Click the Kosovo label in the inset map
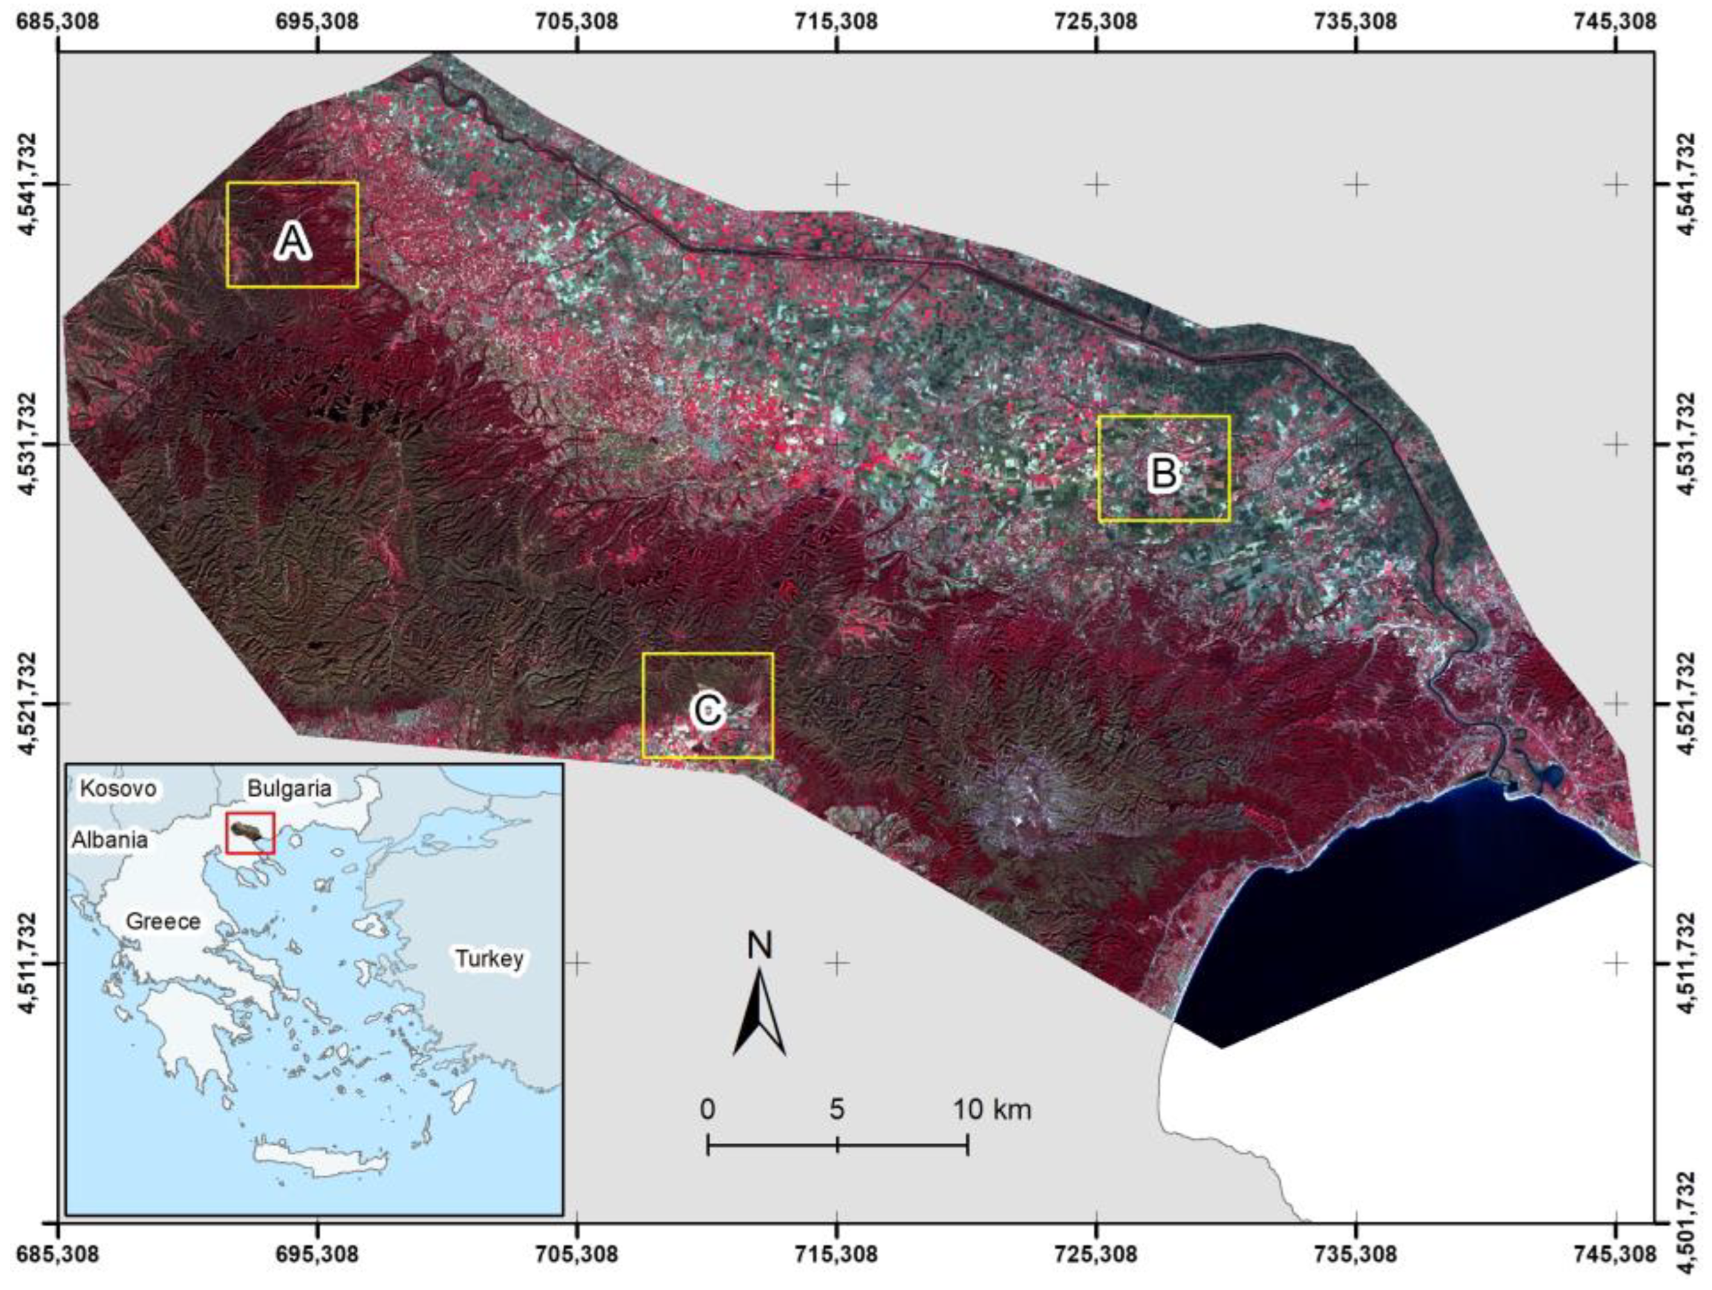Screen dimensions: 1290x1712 click(x=119, y=789)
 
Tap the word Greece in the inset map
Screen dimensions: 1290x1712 click(x=163, y=922)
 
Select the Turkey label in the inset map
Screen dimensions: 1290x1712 click(x=489, y=958)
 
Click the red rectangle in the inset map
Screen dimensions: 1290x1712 click(x=250, y=833)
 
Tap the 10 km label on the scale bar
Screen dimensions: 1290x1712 click(x=992, y=1110)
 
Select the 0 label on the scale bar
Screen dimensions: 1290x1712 click(x=706, y=1110)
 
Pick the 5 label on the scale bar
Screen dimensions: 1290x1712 click(x=837, y=1110)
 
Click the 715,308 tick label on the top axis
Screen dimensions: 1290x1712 click(x=837, y=21)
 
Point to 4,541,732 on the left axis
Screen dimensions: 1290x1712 click(x=33, y=185)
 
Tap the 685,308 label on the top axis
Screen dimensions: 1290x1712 click(x=59, y=21)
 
